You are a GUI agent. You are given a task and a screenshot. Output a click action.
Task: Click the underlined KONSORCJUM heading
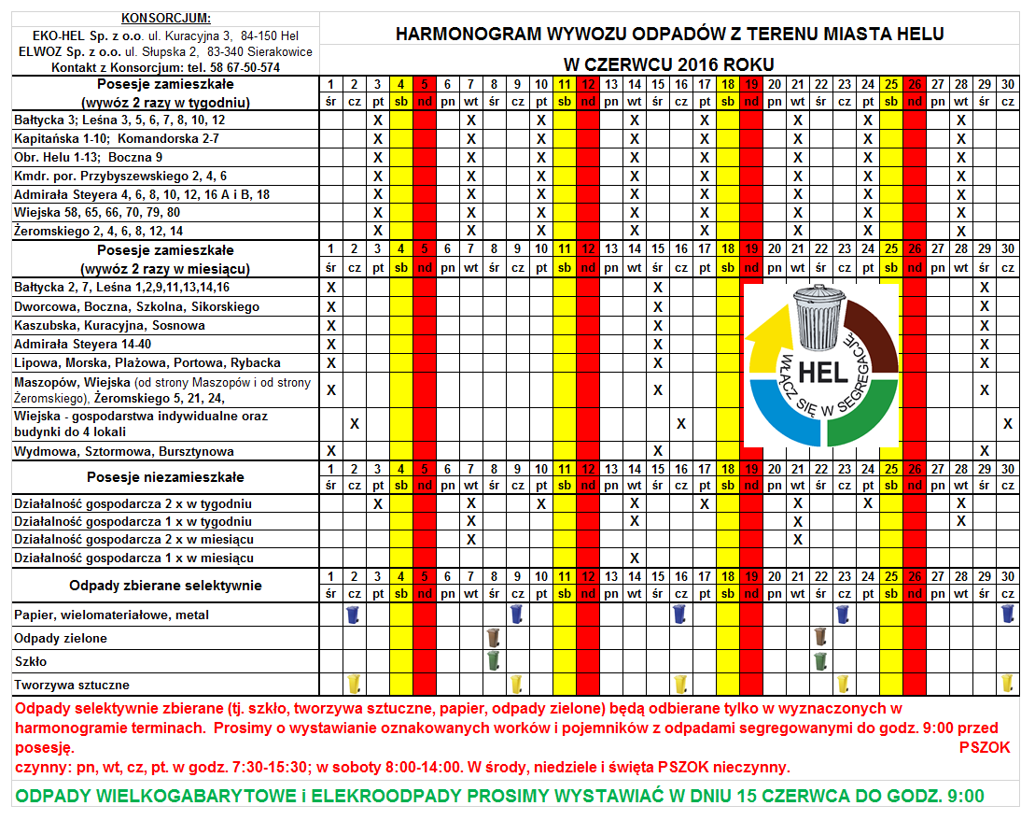point(166,19)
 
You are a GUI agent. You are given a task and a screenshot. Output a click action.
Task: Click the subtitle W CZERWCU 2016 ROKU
point(669,64)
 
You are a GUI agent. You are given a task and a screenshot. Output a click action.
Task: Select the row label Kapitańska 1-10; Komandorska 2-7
point(117,138)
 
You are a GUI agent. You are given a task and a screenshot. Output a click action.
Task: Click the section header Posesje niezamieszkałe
point(165,477)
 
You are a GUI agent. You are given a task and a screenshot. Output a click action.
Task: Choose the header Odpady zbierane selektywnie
point(165,586)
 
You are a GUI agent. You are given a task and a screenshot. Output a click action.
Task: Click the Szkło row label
point(30,661)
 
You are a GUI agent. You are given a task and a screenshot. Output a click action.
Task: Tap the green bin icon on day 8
point(494,660)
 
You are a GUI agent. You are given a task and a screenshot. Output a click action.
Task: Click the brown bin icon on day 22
point(820,638)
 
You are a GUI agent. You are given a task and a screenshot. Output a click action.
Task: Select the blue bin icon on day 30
point(1007,615)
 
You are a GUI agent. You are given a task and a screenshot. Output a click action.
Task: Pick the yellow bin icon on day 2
point(354,684)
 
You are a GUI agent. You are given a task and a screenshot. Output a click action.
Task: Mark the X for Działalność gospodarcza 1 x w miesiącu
point(634,558)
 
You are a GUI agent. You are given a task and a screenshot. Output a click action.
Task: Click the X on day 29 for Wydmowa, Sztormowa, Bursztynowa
point(984,451)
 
